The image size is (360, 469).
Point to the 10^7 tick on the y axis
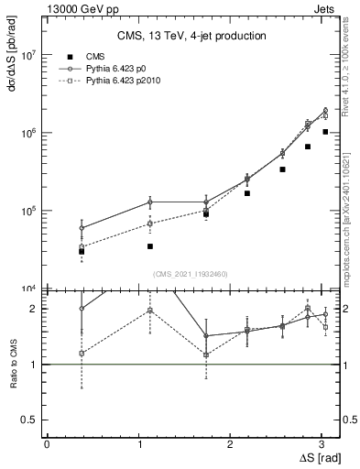click(30, 55)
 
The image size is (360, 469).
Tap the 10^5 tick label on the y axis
click(30, 211)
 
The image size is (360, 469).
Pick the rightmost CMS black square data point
click(325, 132)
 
